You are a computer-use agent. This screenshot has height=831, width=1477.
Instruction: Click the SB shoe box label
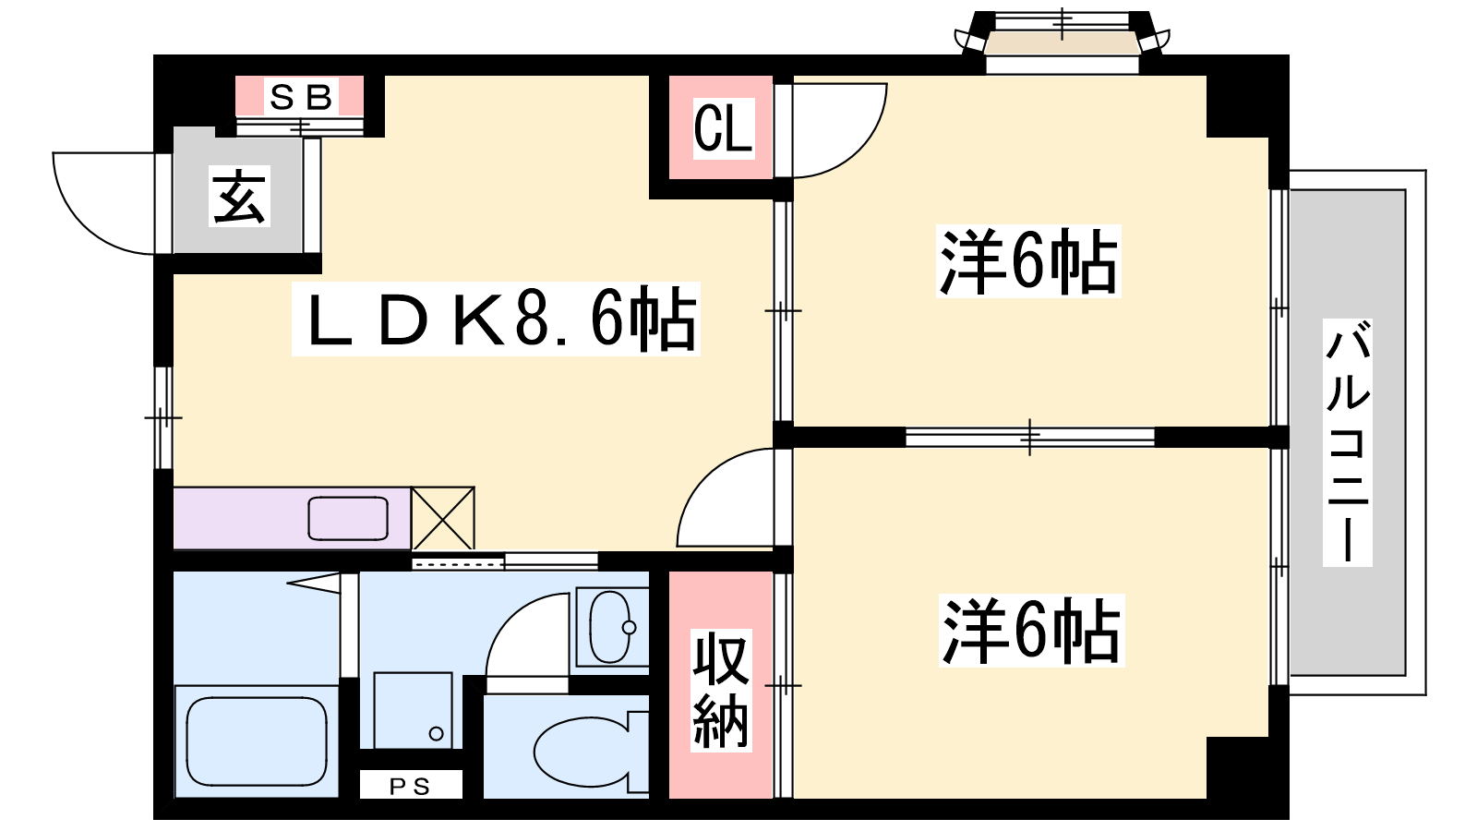pyautogui.click(x=301, y=98)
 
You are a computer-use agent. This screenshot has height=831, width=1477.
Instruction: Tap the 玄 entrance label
pyautogui.click(x=239, y=196)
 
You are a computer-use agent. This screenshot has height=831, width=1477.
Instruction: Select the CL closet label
pyautogui.click(x=723, y=128)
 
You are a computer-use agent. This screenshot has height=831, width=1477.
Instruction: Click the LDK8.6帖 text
pyautogui.click(x=496, y=319)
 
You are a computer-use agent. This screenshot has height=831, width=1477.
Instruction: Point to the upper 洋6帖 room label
pyautogui.click(x=1028, y=260)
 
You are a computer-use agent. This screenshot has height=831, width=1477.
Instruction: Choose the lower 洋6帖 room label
pyautogui.click(x=1031, y=630)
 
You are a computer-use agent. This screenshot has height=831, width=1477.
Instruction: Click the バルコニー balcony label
pyautogui.click(x=1347, y=442)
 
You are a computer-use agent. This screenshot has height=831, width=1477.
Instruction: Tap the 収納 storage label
pyautogui.click(x=721, y=690)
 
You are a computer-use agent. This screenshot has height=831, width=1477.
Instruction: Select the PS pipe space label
pyautogui.click(x=410, y=786)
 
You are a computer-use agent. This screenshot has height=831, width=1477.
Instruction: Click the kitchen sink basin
pyautogui.click(x=348, y=518)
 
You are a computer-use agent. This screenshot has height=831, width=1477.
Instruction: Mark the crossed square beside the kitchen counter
pyautogui.click(x=443, y=518)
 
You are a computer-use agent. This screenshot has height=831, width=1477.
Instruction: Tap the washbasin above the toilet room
pyautogui.click(x=612, y=626)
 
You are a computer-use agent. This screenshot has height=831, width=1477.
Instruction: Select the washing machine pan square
pyautogui.click(x=413, y=710)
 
